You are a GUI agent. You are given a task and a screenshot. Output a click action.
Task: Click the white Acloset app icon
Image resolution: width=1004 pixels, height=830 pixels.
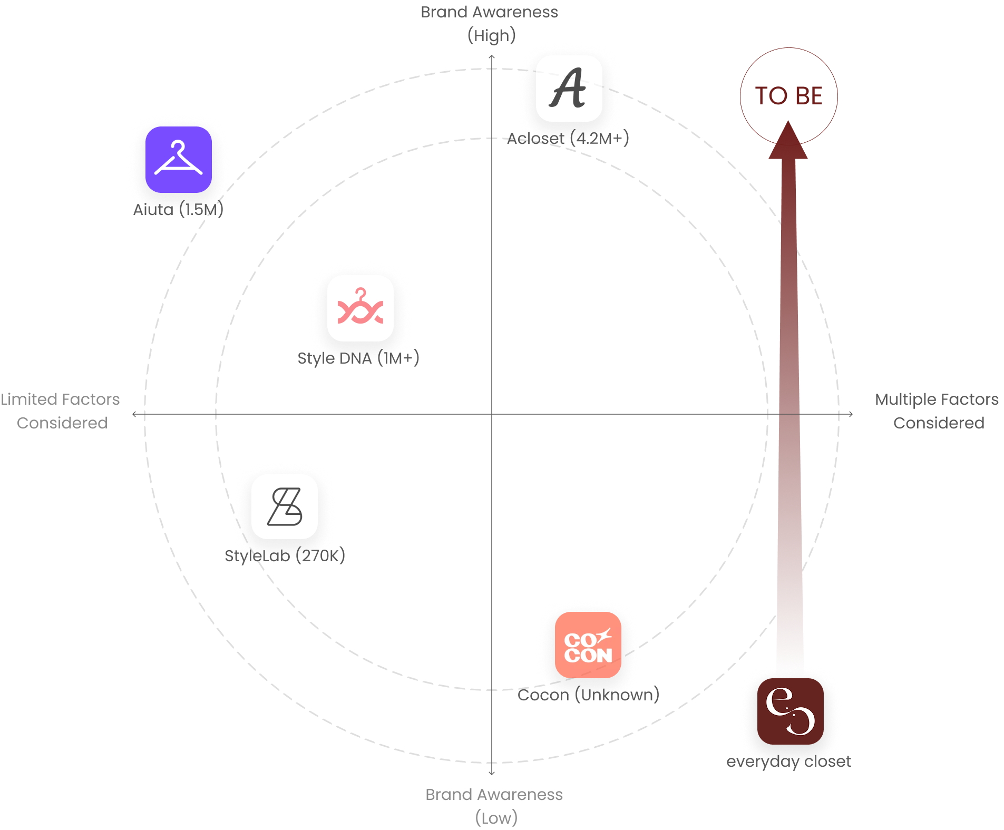(569, 89)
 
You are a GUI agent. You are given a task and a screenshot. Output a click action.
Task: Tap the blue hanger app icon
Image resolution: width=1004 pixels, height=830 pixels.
(178, 159)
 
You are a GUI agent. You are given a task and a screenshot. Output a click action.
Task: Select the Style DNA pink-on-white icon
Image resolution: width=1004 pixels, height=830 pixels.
(360, 308)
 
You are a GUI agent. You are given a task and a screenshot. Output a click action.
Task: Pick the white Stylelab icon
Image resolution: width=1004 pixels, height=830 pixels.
(285, 506)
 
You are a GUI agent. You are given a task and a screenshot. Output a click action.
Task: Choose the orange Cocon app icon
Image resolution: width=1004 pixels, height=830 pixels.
(588, 645)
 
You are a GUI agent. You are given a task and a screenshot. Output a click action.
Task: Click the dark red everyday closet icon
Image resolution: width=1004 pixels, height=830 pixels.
(790, 711)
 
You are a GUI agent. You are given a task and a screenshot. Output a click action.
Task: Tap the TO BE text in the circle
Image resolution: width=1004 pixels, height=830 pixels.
(789, 96)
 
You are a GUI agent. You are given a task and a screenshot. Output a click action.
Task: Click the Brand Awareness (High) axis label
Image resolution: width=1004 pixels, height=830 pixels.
(490, 24)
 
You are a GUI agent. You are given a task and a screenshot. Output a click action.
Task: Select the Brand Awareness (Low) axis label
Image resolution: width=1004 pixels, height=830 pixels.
(494, 806)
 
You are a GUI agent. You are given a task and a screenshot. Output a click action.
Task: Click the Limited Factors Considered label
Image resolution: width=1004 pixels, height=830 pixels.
(61, 411)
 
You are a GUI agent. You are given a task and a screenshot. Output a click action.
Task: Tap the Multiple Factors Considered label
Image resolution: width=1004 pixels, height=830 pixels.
(938, 411)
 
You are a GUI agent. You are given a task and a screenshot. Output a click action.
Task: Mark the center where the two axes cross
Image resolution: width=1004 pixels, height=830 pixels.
(492, 414)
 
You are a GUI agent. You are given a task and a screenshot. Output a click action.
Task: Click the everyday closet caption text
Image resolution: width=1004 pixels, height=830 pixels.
(788, 761)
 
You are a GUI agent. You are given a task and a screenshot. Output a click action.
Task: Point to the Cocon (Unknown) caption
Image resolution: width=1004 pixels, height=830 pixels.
(588, 695)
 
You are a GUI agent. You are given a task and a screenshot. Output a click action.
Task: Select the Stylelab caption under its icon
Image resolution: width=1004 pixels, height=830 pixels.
(285, 555)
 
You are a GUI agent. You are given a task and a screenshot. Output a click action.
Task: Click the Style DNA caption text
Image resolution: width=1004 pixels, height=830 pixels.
(358, 358)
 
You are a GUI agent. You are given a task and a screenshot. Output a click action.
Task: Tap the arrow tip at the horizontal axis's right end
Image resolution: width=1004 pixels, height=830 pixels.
(852, 414)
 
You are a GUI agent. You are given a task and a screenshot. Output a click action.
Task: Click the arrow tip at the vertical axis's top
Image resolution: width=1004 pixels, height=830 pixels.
(492, 55)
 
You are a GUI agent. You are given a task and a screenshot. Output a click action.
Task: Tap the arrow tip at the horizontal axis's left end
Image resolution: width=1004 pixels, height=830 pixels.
(133, 414)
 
